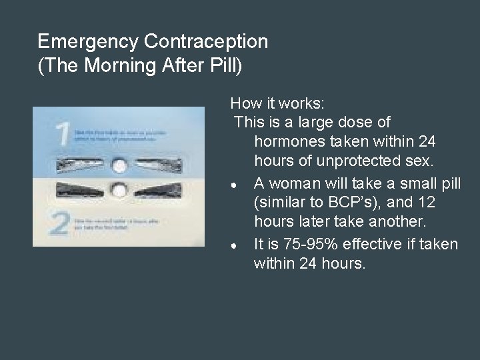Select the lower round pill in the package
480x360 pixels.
pos(120,191)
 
